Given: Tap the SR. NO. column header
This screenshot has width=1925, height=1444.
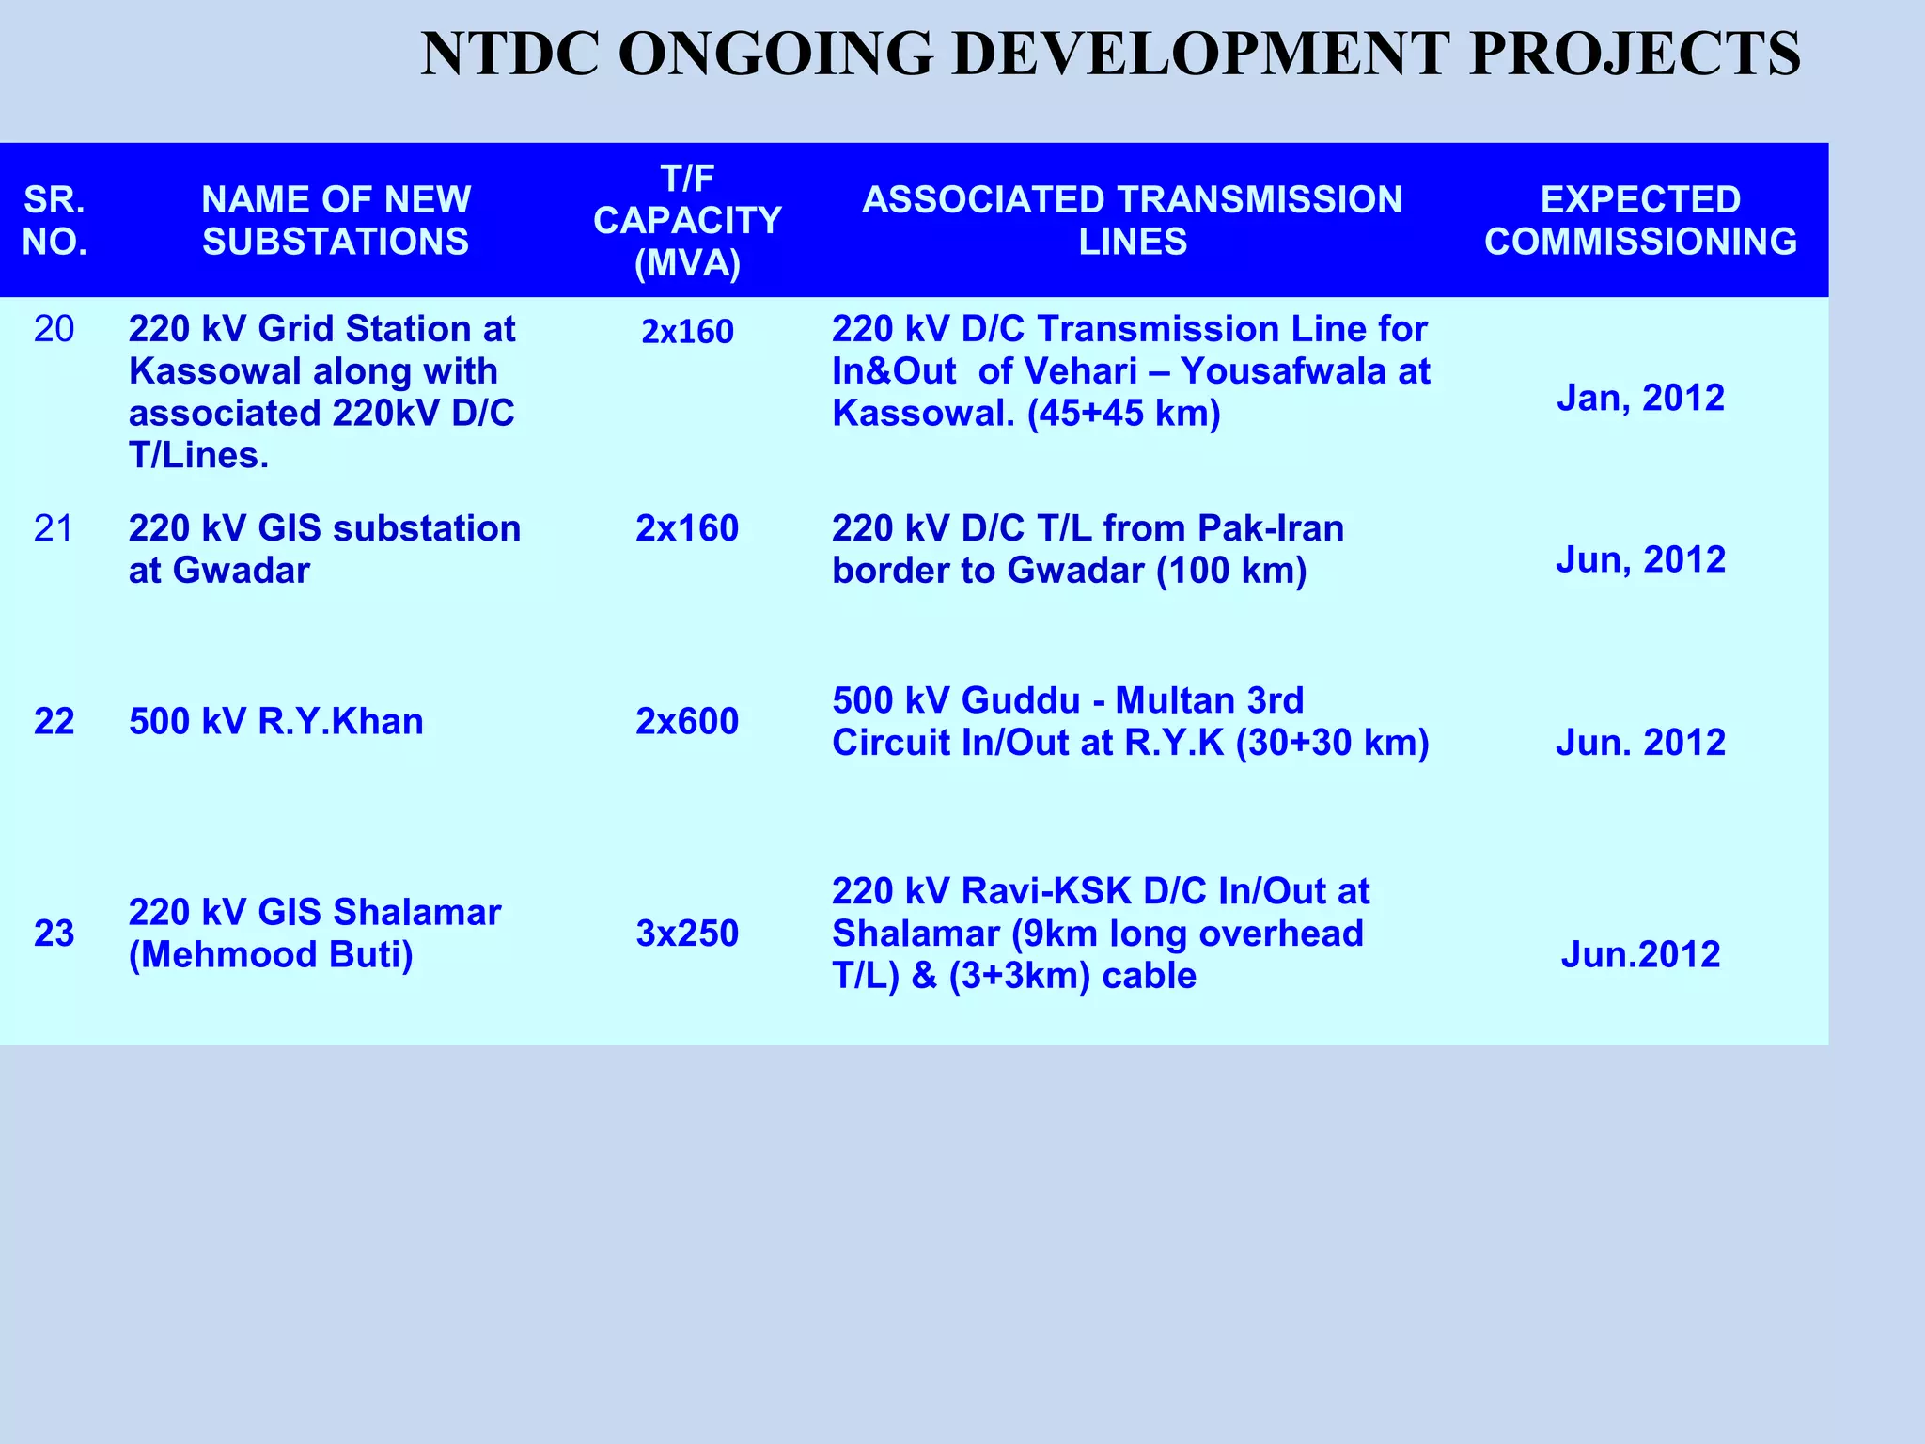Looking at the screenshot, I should click(55, 221).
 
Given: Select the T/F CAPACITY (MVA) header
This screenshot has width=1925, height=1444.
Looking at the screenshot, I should click(687, 221).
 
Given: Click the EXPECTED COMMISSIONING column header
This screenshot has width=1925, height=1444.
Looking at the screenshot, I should click(1640, 221).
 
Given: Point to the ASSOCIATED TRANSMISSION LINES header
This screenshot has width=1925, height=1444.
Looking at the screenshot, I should click(1132, 221).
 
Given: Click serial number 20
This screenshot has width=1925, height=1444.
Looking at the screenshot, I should click(54, 329).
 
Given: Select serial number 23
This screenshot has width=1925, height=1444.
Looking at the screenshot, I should click(54, 934).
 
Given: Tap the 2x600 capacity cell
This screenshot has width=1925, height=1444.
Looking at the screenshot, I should click(687, 722).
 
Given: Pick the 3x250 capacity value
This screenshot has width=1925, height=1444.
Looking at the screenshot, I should click(687, 934).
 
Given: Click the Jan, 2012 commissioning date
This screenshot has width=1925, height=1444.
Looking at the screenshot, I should click(1640, 398).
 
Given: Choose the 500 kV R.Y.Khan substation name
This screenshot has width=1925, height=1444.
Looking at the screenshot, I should click(275, 722).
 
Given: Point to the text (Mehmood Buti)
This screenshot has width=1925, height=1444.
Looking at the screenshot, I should click(271, 955).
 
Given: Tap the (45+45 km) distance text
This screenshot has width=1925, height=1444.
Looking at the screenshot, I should click(1123, 414).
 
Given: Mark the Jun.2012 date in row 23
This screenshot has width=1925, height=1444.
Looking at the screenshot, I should click(1640, 955).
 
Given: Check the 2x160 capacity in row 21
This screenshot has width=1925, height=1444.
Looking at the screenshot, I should click(687, 529).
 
